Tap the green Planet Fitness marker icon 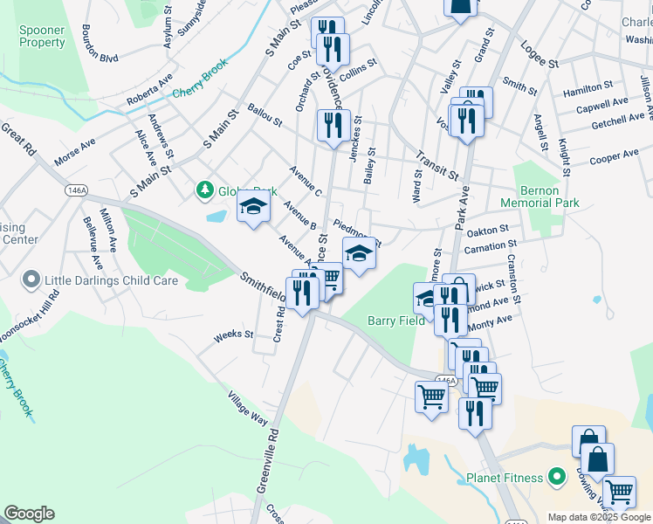point(554,478)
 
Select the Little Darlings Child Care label point(111,280)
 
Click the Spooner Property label point(42,36)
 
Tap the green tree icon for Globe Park point(204,190)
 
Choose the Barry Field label point(395,321)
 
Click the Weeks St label point(233,334)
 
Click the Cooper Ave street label point(614,157)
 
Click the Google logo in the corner point(29,514)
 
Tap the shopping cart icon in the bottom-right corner point(619,492)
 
